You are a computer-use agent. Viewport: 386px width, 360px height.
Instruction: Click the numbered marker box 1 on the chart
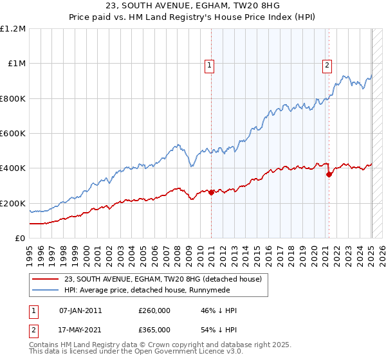coord(209,64)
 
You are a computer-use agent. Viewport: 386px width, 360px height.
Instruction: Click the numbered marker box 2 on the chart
coord(327,64)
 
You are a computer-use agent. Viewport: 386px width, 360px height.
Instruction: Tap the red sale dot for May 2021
coord(329,174)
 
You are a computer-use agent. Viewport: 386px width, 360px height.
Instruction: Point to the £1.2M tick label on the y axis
coord(13,29)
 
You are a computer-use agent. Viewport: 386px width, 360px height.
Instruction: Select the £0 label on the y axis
coord(20,239)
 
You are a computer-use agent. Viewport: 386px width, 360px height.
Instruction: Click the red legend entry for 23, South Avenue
coord(163,279)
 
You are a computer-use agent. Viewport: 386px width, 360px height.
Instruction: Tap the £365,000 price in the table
coord(154,330)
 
